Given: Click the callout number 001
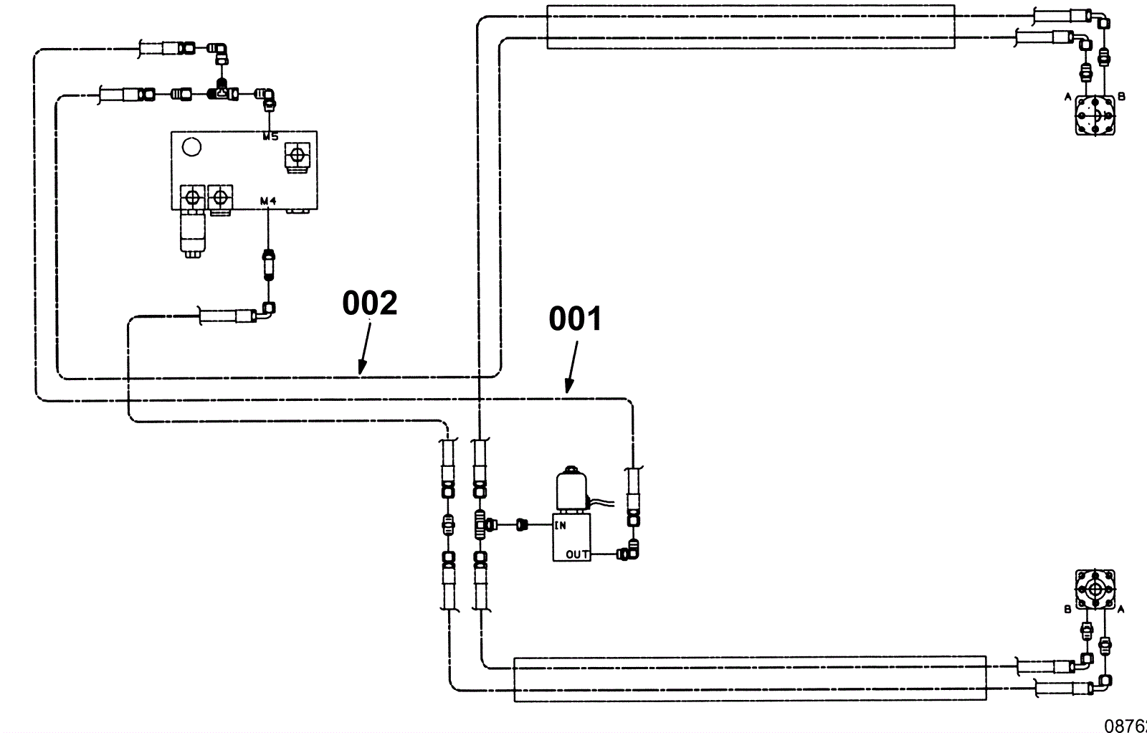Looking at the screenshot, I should pos(576,319).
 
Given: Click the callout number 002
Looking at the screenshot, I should pos(369,303).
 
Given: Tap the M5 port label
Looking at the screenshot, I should pos(270,136).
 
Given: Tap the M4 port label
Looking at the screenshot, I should pos(268,202).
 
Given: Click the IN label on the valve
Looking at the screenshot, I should pos(560,526).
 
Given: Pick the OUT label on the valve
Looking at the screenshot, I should pos(577,554).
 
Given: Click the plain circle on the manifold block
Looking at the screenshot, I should pos(191,147).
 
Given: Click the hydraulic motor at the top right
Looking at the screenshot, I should pos(1095,115).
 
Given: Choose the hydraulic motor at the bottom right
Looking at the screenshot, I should pos(1095,590).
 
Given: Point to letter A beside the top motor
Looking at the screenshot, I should pos(1067,97).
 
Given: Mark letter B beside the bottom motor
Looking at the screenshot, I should pos(1067,610).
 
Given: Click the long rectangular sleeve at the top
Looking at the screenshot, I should pos(750,27).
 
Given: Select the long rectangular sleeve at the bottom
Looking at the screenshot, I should pos(750,678).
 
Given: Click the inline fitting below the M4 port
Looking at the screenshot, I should pos(267,264).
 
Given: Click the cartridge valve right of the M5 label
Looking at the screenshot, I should pos(296,155).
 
